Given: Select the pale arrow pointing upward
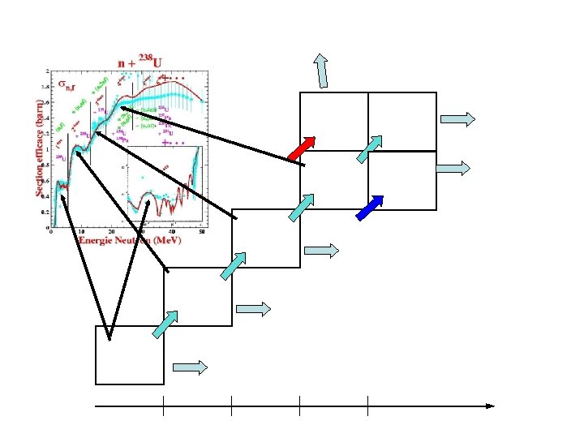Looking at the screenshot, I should pyautogui.click(x=322, y=71).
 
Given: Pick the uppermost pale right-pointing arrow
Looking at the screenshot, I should pyautogui.click(x=457, y=119).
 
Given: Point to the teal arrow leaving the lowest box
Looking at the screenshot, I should pyautogui.click(x=163, y=322).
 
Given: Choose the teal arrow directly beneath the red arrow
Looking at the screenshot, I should pyautogui.click(x=302, y=207).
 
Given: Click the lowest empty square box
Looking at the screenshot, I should pyautogui.click(x=130, y=354).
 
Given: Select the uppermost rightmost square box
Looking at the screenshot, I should pyautogui.click(x=402, y=122).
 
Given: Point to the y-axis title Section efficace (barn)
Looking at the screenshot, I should pyautogui.click(x=38, y=147).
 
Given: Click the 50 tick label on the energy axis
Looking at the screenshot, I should pyautogui.click(x=200, y=231).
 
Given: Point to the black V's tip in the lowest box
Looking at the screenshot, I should pyautogui.click(x=109, y=338).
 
